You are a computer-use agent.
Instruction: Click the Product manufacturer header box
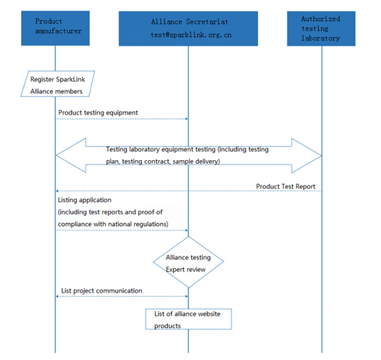coord(55,28)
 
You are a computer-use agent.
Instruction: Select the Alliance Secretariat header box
coord(188,28)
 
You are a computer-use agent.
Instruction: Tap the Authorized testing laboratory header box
coord(321,28)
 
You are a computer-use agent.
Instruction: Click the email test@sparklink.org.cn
coord(191,35)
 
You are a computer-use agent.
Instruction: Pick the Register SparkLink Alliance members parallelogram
coord(58,84)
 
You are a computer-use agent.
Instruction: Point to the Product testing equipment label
coord(98,113)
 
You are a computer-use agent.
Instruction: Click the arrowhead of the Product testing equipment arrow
coord(187,119)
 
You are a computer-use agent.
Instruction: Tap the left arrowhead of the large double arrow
coord(71,156)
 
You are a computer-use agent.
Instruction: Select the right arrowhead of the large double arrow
coord(306,156)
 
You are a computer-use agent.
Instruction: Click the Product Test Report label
coord(285,186)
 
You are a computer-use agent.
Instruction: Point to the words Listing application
coord(85,200)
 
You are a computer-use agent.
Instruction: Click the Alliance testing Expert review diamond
coord(188,262)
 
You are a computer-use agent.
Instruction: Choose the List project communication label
coord(101,290)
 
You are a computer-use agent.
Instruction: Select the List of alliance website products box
coord(188,319)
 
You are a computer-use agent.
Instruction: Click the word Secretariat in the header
coord(207,22)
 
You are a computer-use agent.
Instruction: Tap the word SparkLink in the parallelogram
coord(70,80)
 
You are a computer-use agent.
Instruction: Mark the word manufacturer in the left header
coord(59,31)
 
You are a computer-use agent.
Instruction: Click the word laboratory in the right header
coord(321,38)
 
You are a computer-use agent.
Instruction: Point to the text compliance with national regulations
coord(113,224)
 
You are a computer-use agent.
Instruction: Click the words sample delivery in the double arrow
coord(196,162)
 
